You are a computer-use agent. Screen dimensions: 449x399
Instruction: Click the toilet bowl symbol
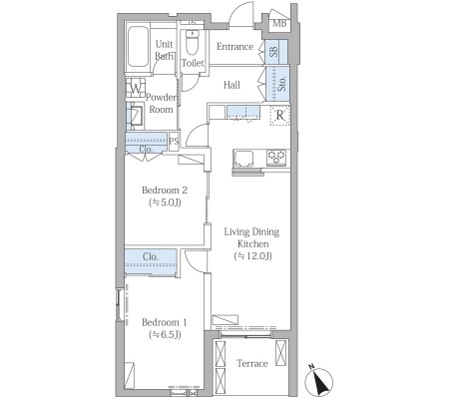tap(192, 42)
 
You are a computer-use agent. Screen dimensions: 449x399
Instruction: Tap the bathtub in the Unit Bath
tap(138, 47)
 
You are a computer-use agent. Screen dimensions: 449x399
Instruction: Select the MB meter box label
tap(279, 24)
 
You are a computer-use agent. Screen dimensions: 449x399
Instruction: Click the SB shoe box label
tap(273, 51)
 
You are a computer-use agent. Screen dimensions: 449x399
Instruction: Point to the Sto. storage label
tap(281, 84)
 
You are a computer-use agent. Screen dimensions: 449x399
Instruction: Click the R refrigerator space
tap(280, 116)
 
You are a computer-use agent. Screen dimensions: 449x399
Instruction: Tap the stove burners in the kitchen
tap(276, 157)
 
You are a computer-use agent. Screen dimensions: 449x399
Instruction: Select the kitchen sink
tap(243, 159)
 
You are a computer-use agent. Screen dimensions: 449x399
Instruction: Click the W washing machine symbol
tap(136, 88)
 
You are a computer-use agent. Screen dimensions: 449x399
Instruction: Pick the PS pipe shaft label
tap(174, 142)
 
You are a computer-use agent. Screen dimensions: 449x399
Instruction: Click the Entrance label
tap(234, 47)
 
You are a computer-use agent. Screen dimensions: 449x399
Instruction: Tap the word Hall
tap(231, 85)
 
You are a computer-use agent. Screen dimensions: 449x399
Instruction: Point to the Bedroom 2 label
tap(165, 191)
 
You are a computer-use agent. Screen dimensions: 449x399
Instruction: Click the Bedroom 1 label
tap(165, 322)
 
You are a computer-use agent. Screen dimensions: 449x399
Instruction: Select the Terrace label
tap(252, 363)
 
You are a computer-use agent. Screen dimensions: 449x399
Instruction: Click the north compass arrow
tap(318, 381)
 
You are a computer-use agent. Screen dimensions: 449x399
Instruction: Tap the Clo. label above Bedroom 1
tap(150, 256)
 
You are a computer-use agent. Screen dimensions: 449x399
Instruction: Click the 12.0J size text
tap(252, 256)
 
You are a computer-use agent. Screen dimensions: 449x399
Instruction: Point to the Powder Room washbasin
tap(136, 116)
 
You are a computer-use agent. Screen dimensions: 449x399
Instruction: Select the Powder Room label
tap(161, 104)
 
